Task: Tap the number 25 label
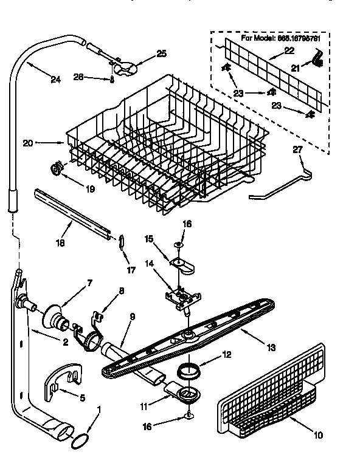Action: tap(161, 54)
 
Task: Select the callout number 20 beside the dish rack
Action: tap(27, 143)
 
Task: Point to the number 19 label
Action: tap(89, 189)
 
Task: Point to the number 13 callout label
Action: tap(271, 348)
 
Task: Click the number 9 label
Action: tap(133, 316)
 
